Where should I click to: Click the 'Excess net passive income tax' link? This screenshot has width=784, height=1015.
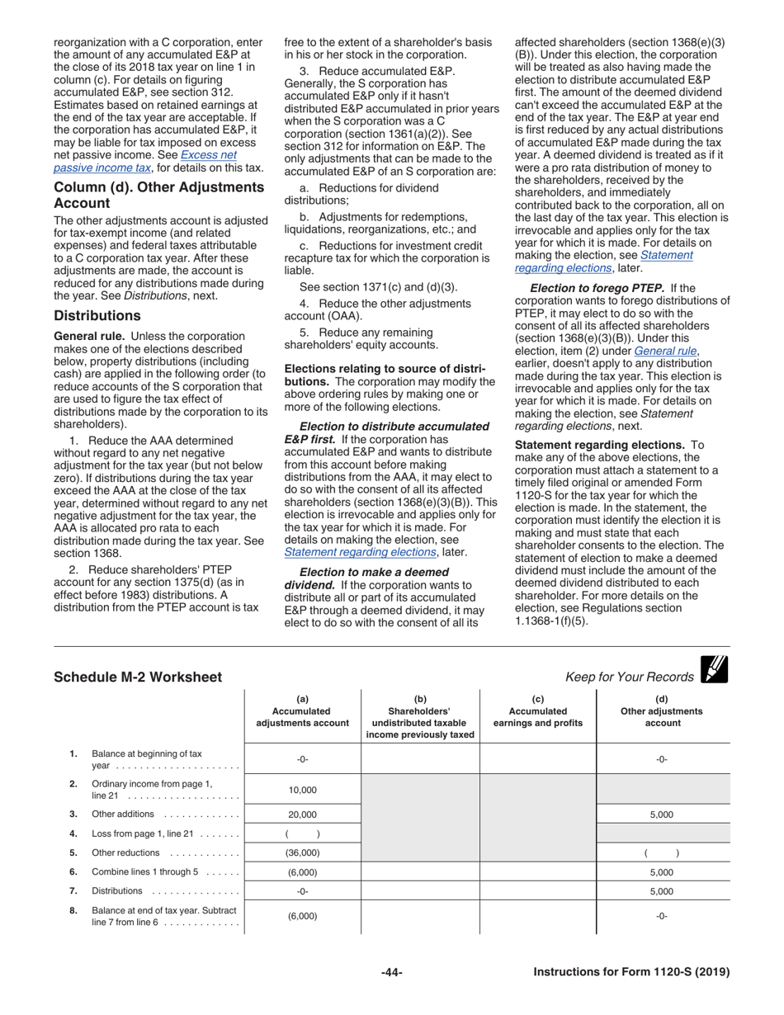(208, 155)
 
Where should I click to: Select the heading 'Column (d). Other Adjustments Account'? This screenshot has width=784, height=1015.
(158, 195)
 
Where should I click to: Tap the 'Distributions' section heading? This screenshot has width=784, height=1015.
(97, 316)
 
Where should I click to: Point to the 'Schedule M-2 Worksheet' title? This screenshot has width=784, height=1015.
(138, 677)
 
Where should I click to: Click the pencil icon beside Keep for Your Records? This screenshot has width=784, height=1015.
(714, 669)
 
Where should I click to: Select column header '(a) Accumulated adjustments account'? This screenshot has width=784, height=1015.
(302, 711)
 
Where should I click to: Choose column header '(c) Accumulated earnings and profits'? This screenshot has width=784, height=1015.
(537, 711)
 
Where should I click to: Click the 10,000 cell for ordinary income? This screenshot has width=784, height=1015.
(302, 790)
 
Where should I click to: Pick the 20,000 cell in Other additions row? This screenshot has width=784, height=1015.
(302, 814)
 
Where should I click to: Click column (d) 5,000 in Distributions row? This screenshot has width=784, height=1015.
(661, 891)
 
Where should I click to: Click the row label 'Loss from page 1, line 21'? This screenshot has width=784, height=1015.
(140, 833)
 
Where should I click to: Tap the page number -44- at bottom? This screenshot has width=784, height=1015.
(391, 973)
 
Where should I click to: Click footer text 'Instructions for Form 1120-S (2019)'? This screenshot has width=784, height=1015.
(631, 973)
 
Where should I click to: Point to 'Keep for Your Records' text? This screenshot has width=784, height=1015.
(630, 677)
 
